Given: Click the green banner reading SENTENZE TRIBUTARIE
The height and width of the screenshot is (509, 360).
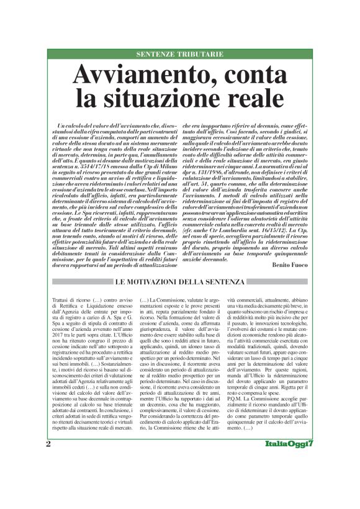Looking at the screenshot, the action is pyautogui.click(x=180, y=54).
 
